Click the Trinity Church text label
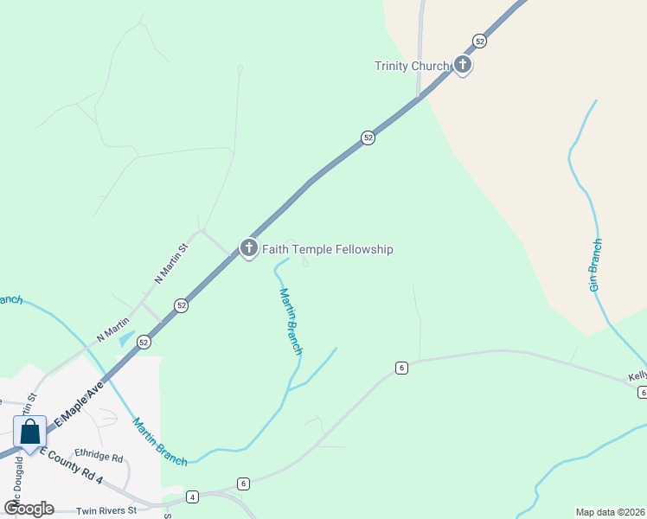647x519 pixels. pos(412,66)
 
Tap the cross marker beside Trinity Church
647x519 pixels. pos(463,64)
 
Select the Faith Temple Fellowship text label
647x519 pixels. pos(328,249)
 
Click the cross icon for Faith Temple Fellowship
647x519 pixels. pos(249,248)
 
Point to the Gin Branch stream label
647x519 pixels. pos(596,266)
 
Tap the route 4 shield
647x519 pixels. pos(192,497)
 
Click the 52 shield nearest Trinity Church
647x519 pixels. pos(480,41)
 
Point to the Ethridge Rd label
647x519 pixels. pos(99,456)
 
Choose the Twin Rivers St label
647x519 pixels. pos(106,510)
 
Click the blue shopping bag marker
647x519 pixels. pos(30,432)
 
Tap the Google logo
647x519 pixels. pos(29,508)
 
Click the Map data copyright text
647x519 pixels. pos(610,512)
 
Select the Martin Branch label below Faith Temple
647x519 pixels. pos(291,321)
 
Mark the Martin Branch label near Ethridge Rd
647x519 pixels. pos(159,442)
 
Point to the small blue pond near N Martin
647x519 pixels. pos(126,338)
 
